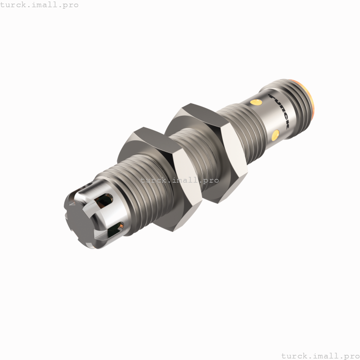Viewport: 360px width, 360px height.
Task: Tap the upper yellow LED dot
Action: (x=254, y=102)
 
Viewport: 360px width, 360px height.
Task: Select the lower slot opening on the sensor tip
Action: (x=116, y=229)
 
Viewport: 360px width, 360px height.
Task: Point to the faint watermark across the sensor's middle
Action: (x=183, y=180)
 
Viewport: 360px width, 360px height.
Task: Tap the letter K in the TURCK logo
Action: (x=285, y=125)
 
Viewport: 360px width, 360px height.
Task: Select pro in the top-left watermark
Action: (x=70, y=5)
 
